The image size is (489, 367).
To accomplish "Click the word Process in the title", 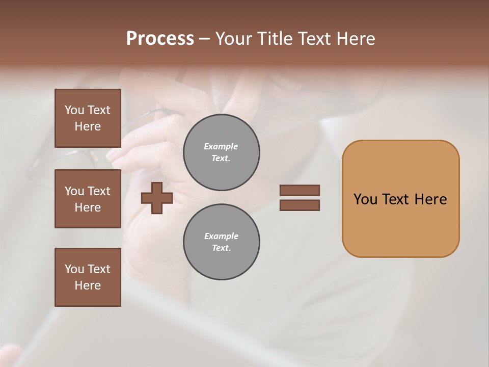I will coord(160,39).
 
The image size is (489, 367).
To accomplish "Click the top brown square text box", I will coord(88,118).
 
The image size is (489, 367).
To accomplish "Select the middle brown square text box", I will coord(88,199).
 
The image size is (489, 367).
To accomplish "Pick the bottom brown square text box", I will coord(88,277).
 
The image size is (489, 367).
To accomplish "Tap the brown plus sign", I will coord(156,198).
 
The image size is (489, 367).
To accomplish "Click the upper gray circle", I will coord(221,152).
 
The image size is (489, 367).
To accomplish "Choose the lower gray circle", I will coord(221,242).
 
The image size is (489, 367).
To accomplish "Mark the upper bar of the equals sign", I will coord(300,190).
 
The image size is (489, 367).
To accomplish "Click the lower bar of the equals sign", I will coord(300,205).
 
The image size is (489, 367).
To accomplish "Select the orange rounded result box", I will coord(400,199).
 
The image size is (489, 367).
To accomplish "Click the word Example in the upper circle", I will coord(221,146).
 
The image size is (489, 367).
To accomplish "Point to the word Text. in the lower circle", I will coord(221,248).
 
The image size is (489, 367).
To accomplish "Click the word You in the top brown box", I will coord(74,110).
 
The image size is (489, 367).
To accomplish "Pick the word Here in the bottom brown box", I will coord(88,285).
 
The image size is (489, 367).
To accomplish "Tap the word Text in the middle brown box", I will coord(99,191).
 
